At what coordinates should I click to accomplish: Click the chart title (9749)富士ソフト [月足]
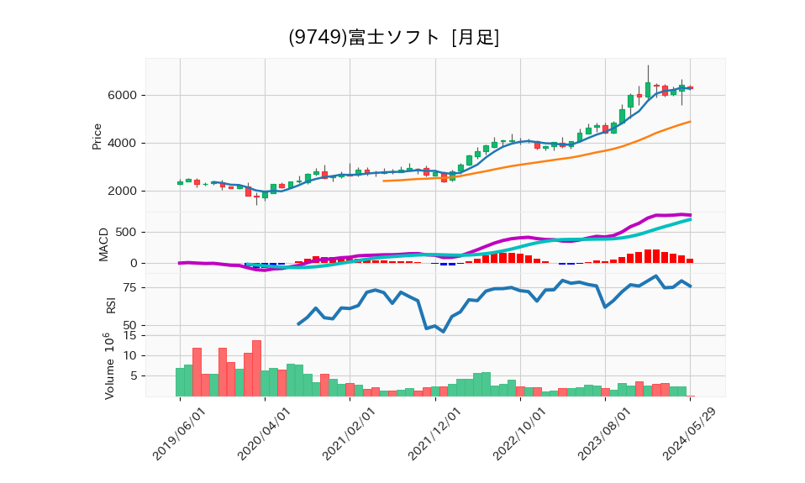tap(393, 38)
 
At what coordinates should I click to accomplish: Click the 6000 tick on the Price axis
tap(121, 95)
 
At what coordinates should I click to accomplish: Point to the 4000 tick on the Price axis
tap(121, 143)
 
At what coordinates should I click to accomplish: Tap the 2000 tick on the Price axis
tap(121, 191)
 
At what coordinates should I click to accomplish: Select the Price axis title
tap(97, 136)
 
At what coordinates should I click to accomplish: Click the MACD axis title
tap(104, 244)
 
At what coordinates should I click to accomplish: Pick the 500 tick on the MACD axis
tap(125, 232)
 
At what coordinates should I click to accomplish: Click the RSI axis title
tap(110, 304)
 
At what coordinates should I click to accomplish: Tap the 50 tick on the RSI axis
tap(129, 325)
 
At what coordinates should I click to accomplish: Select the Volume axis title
tap(107, 366)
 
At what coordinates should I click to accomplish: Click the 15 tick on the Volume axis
tap(129, 335)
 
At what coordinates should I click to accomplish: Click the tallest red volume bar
tap(256, 368)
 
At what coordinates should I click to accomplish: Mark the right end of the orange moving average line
tap(691, 122)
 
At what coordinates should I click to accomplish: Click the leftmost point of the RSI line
tap(298, 324)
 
